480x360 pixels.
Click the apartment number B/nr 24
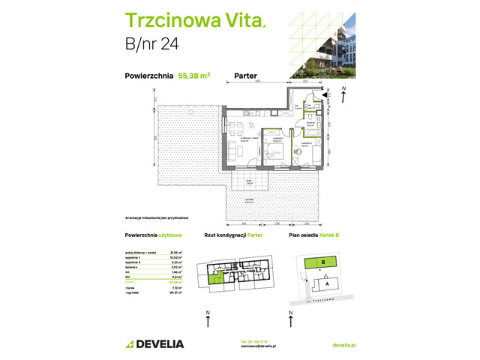(x=147, y=52)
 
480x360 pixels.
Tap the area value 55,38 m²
(x=193, y=75)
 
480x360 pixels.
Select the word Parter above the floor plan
(x=247, y=75)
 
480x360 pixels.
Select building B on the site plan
(x=323, y=262)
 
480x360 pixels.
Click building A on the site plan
(x=328, y=284)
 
